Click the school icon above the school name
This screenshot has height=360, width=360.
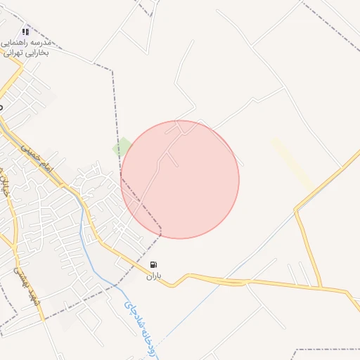(x=26, y=31)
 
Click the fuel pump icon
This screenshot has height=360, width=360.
(x=154, y=264)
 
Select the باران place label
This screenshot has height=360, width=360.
(x=154, y=276)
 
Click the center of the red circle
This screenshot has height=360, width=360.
(x=180, y=179)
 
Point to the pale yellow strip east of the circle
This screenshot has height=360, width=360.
(x=292, y=162)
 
